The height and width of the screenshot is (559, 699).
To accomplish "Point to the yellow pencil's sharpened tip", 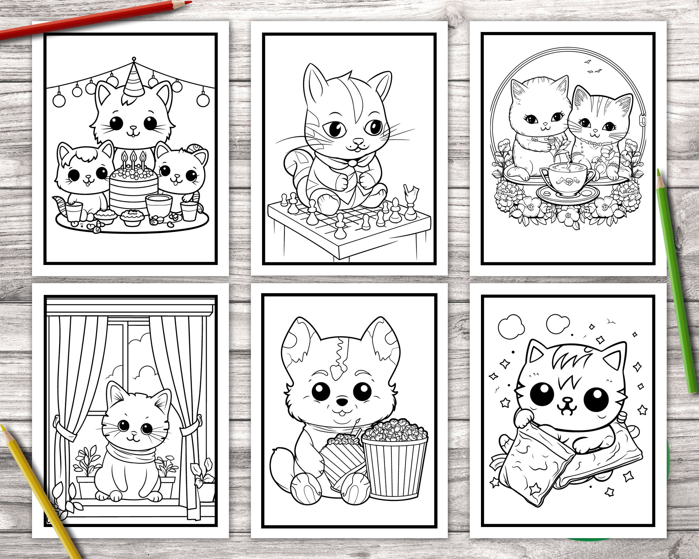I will (3, 428).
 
